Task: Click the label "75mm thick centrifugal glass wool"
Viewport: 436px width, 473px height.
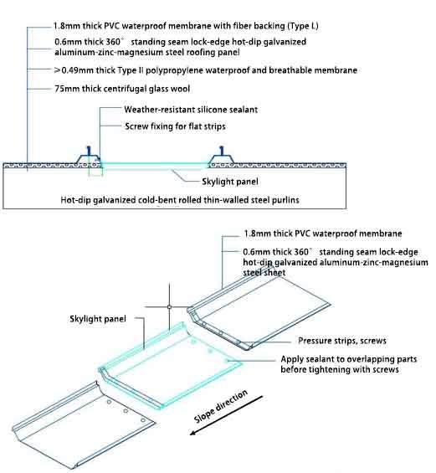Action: tap(122, 89)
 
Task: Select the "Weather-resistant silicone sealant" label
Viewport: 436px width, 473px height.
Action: tap(191, 110)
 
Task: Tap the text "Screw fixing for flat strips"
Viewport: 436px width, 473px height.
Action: tap(175, 126)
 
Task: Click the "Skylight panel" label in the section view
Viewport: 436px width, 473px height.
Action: tap(230, 182)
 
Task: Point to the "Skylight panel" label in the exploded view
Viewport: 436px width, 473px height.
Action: tap(98, 319)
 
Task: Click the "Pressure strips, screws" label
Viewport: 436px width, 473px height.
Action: tap(342, 341)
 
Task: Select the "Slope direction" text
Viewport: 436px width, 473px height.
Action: tap(221, 406)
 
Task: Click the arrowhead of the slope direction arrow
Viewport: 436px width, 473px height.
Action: tap(193, 433)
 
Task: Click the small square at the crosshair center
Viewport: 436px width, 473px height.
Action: tap(169, 307)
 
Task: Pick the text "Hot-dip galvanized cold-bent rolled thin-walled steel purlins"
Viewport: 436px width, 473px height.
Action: tap(180, 200)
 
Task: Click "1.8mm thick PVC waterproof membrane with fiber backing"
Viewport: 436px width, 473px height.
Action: tap(186, 26)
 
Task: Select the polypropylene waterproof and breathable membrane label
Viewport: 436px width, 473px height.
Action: tap(206, 70)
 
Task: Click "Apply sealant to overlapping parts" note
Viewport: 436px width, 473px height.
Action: tap(349, 359)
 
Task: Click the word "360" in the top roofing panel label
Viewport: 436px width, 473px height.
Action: tap(113, 42)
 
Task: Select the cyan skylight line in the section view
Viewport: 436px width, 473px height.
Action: tap(155, 164)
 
